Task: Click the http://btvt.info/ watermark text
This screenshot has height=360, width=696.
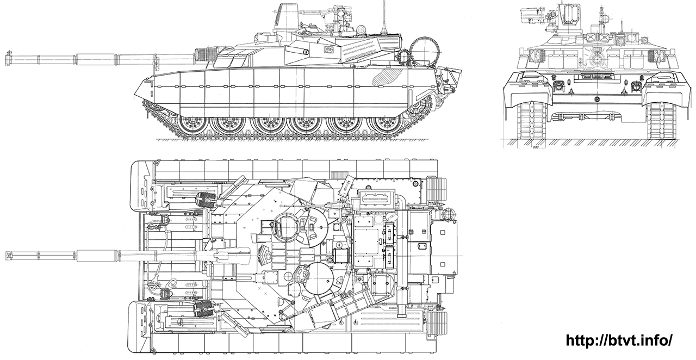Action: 619,340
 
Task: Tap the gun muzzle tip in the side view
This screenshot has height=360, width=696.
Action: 7,56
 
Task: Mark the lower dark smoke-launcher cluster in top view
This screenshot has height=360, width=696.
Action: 204,308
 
